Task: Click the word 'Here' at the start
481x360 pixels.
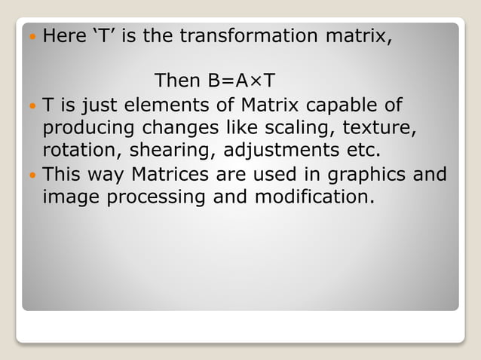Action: pyautogui.click(x=64, y=35)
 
